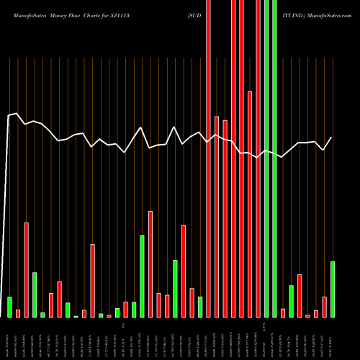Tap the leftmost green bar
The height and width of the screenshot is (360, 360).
point(9,307)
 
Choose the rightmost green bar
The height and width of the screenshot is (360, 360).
point(333,289)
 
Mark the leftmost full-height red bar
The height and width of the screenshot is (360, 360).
point(208,158)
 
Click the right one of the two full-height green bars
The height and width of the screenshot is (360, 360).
point(274,158)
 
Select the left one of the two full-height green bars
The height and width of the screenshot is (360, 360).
point(266,158)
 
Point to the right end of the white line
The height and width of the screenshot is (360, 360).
point(331,138)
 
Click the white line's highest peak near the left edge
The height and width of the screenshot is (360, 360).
point(17,113)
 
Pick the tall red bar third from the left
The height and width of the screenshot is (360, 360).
point(27,269)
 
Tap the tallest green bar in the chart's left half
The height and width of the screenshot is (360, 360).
point(142,276)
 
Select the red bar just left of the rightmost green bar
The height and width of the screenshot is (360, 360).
point(324,307)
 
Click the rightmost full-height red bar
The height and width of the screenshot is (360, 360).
point(258,158)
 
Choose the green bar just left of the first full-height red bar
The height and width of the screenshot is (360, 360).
point(200,307)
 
